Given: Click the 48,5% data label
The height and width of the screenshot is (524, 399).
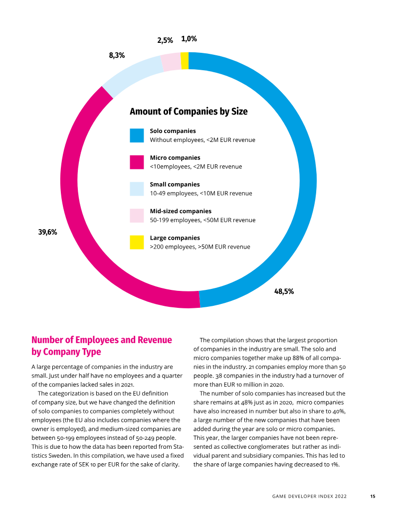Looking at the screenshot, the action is pyautogui.click(x=284, y=291).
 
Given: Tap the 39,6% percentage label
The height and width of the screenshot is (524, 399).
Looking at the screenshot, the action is pyautogui.click(x=47, y=232).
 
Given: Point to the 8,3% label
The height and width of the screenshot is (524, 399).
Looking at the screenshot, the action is pyautogui.click(x=117, y=55).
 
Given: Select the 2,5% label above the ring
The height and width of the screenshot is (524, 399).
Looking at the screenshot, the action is pyautogui.click(x=165, y=40).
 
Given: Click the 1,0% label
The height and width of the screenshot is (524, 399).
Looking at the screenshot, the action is pyautogui.click(x=189, y=39).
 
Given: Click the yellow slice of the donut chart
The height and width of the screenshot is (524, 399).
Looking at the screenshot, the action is pyautogui.click(x=185, y=61).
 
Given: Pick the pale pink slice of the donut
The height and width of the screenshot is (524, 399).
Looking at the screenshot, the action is pyautogui.click(x=171, y=62).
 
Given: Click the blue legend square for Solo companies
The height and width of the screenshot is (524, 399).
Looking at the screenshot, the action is pyautogui.click(x=137, y=135).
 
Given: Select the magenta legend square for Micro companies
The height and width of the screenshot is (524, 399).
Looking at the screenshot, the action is pyautogui.click(x=137, y=162).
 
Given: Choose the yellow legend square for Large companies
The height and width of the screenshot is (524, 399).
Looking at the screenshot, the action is pyautogui.click(x=137, y=242).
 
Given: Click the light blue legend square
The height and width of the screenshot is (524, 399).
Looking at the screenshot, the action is pyautogui.click(x=137, y=189).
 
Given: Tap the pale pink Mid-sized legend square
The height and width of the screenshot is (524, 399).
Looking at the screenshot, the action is pyautogui.click(x=137, y=216).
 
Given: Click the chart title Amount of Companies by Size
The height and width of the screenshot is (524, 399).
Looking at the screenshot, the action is pyautogui.click(x=189, y=111).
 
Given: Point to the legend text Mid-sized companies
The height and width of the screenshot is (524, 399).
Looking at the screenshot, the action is pyautogui.click(x=181, y=211).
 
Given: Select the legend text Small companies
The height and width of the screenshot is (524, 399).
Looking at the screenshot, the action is pyautogui.click(x=175, y=184).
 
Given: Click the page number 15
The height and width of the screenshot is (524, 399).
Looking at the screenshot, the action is pyautogui.click(x=373, y=496).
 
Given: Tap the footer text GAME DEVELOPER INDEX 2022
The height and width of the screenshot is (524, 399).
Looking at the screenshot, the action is pyautogui.click(x=309, y=496).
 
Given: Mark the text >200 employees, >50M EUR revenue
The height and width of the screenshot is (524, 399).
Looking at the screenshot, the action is pyautogui.click(x=200, y=247).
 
